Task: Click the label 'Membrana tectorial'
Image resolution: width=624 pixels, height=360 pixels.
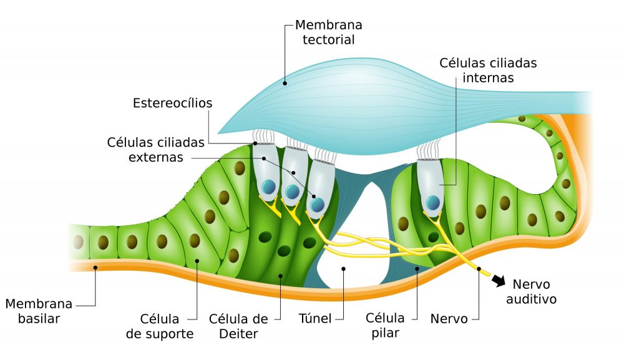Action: coord(328,32)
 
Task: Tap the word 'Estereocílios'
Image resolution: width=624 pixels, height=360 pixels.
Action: coord(173,103)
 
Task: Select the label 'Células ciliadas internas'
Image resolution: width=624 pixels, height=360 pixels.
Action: coord(488,71)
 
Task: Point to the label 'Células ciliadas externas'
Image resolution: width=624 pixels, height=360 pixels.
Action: coord(156,150)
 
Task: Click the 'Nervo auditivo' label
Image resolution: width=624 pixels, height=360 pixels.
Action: coord(530,292)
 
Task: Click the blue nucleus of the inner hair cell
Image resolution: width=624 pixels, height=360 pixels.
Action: coord(432,202)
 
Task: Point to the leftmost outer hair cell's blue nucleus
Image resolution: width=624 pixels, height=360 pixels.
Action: coord(268,187)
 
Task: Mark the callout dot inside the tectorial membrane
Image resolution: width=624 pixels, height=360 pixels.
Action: coord(285,81)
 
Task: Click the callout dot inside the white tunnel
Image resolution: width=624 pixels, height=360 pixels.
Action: coord(343,269)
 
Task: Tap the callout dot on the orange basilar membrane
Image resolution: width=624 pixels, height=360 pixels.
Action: coord(95,268)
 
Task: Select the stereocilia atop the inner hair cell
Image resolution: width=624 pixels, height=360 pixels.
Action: coord(429,150)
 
